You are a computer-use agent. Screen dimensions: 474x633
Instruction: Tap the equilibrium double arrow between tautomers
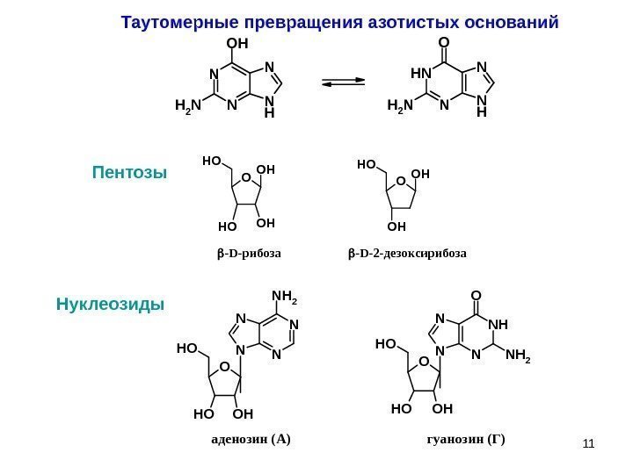(343, 83)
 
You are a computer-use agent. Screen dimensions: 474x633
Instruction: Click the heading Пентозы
(129, 172)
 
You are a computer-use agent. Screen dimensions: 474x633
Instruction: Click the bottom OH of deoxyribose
(397, 225)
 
